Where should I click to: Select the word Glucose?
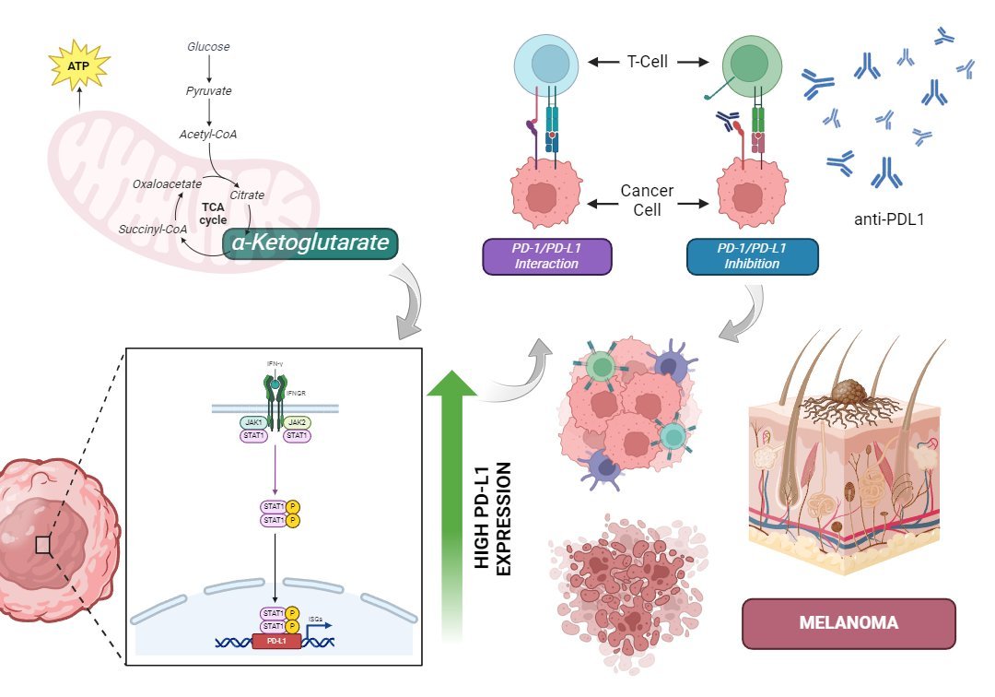click(208, 46)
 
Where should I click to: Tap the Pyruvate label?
click(208, 91)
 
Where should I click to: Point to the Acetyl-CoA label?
click(208, 135)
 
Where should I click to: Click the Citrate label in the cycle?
click(247, 195)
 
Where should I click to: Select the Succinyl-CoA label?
click(153, 228)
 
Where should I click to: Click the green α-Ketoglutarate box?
click(310, 244)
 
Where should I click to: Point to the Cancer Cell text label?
click(647, 197)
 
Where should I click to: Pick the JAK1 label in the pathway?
click(254, 421)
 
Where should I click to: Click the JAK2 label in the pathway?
click(298, 421)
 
